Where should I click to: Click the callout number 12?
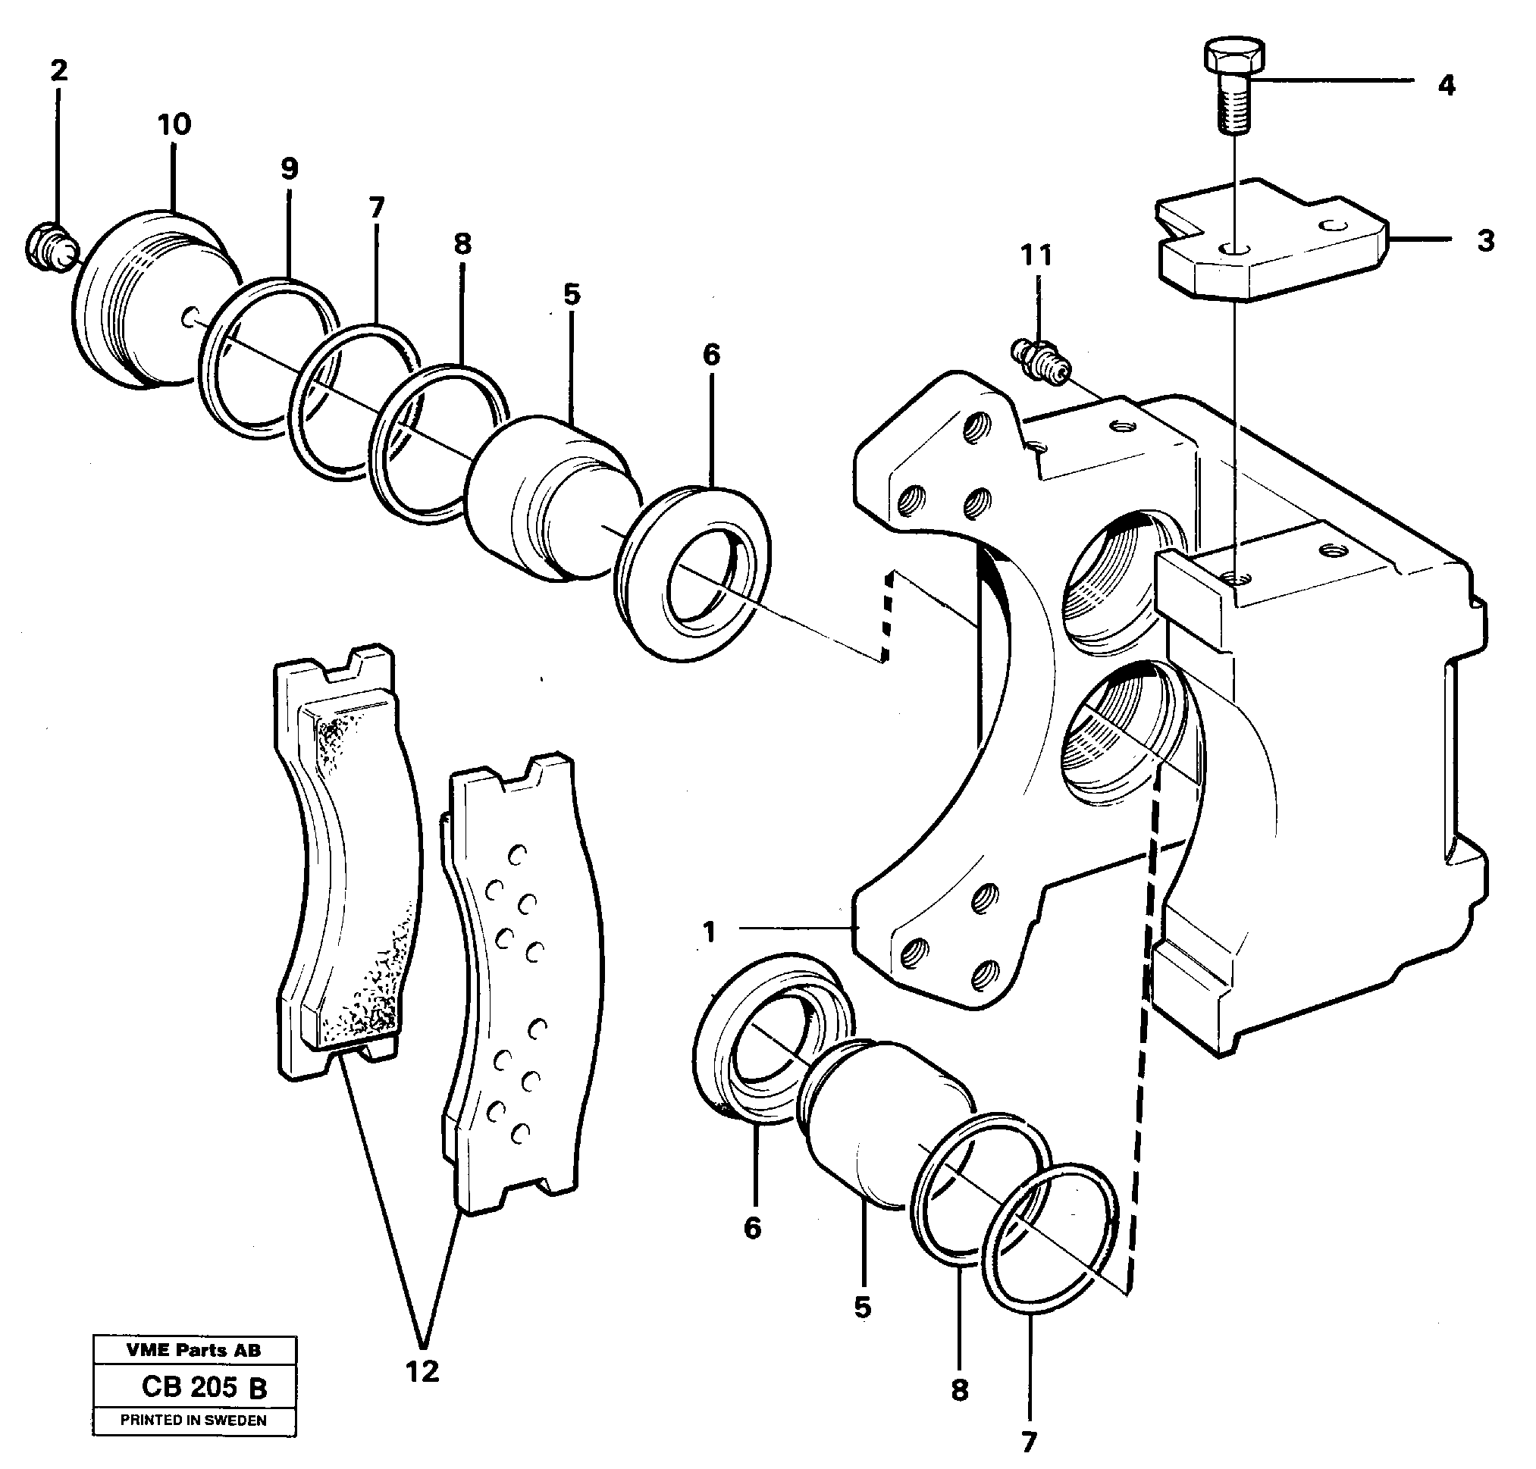(422, 1371)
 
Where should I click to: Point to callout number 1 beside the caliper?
(709, 932)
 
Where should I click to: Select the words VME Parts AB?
(193, 1350)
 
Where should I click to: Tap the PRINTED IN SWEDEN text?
(193, 1420)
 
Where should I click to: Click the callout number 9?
(289, 168)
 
